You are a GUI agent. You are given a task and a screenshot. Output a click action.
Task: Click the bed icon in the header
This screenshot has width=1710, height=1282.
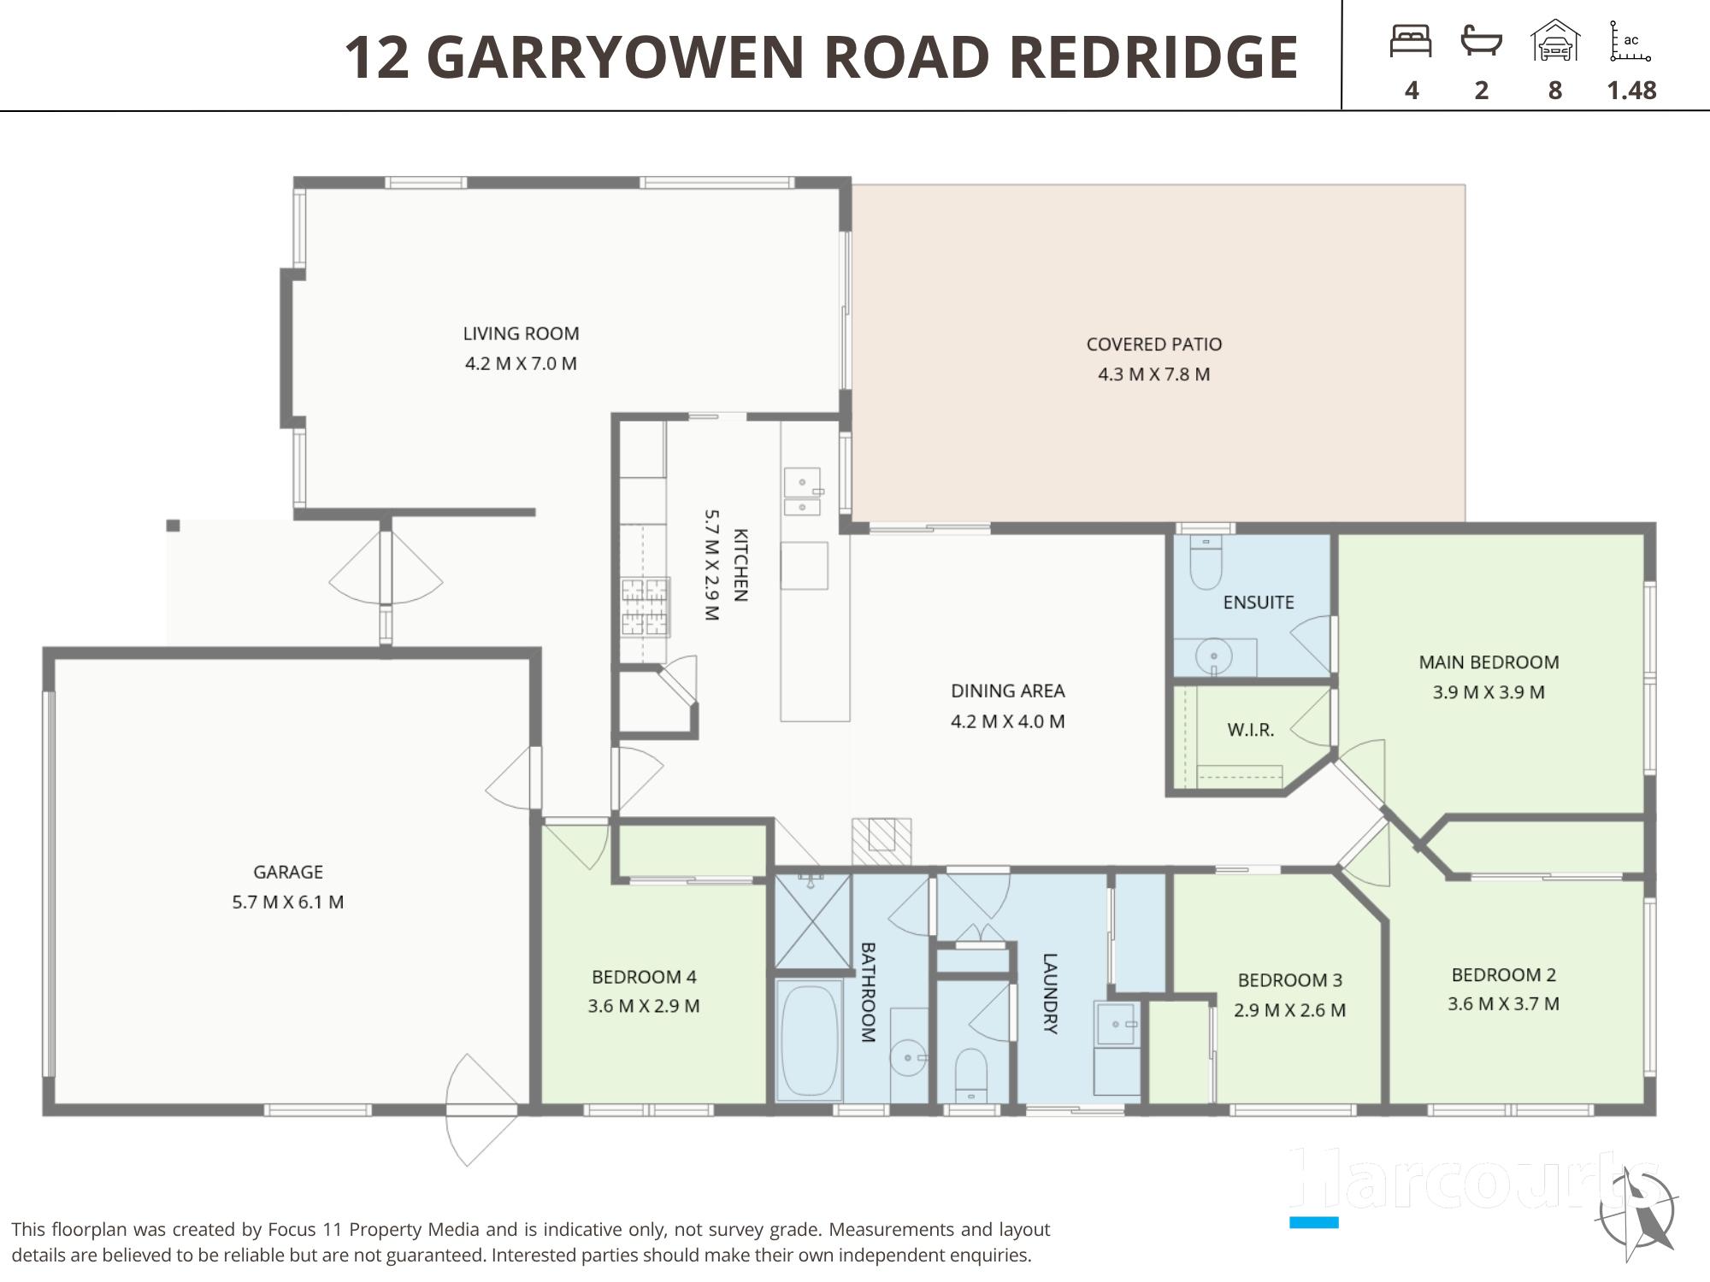[1411, 41]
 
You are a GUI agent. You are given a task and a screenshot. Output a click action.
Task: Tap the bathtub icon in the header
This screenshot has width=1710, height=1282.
[1482, 41]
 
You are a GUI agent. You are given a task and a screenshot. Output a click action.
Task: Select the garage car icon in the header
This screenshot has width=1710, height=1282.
[1555, 41]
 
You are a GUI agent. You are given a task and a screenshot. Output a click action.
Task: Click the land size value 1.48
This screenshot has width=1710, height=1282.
[1631, 90]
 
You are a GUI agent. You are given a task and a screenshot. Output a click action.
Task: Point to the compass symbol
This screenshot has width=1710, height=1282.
[1637, 1212]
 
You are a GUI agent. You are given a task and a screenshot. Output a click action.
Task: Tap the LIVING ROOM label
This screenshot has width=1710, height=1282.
[521, 333]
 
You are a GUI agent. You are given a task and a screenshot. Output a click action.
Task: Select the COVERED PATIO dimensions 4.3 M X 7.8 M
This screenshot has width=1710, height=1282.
[1153, 374]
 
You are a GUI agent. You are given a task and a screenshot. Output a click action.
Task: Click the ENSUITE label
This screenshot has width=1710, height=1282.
[1259, 603]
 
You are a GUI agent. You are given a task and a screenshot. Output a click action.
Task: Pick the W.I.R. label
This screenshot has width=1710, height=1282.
[1251, 730]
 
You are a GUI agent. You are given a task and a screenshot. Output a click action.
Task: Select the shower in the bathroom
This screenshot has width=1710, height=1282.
[813, 921]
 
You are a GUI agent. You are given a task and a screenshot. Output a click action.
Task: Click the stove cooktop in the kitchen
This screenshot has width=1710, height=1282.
[645, 608]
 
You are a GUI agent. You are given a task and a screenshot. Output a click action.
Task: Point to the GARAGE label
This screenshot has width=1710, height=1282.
[288, 872]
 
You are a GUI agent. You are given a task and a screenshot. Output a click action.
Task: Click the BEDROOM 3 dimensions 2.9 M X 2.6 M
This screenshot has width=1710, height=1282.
[1289, 1010]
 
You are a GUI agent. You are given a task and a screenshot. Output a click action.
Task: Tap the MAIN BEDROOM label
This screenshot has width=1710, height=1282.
[1489, 662]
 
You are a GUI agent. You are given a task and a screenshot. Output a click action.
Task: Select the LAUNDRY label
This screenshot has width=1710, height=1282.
[1051, 994]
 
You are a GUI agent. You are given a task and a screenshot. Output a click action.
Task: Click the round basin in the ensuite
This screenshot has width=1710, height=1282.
[1214, 657]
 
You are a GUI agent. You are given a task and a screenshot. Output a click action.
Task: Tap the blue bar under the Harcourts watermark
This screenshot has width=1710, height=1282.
[1314, 1222]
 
